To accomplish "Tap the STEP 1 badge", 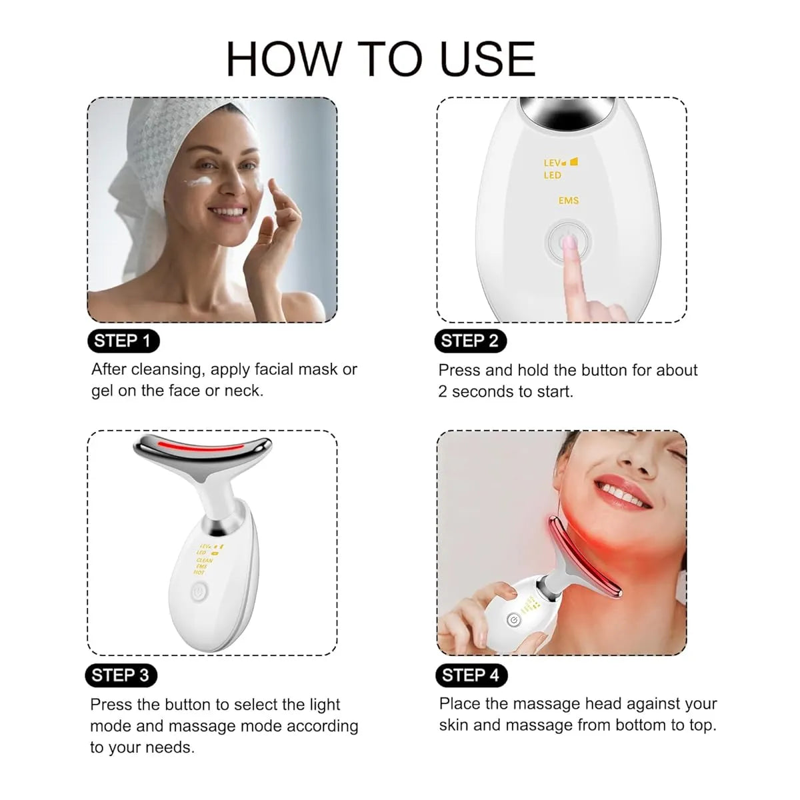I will tap(123, 341).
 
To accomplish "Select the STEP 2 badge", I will tap(470, 341).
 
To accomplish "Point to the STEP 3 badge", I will tap(121, 675).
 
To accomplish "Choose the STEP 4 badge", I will tap(470, 675).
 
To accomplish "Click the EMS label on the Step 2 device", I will tap(569, 201).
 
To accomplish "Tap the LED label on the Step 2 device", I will tap(553, 175).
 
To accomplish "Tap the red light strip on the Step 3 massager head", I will tap(200, 446).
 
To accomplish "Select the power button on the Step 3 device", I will tap(199, 591).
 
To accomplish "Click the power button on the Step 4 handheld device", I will tap(513, 621).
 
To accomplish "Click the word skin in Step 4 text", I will tap(454, 725).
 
